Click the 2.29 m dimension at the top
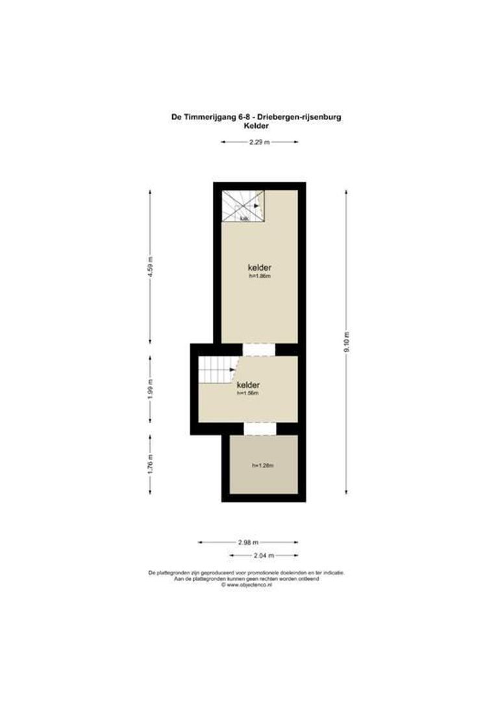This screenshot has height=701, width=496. (x=259, y=141)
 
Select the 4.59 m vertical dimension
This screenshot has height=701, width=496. (x=150, y=266)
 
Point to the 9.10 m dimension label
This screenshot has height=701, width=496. (x=346, y=340)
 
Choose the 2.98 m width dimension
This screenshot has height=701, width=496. (x=248, y=542)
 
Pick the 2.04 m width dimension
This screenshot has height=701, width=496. (x=264, y=556)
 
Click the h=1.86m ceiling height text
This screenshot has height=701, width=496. (x=259, y=276)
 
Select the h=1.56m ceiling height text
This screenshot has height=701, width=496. (x=248, y=393)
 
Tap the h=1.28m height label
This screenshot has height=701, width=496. (x=262, y=465)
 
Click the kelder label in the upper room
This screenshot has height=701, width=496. (x=259, y=267)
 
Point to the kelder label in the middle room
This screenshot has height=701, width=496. (x=248, y=384)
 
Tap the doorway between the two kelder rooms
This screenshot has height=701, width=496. (x=260, y=349)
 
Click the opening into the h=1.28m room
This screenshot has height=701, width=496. (x=260, y=428)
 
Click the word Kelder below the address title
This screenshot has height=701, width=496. (x=256, y=126)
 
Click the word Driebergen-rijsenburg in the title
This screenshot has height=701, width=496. (x=299, y=117)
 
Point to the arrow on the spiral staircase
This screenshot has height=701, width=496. (x=257, y=206)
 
